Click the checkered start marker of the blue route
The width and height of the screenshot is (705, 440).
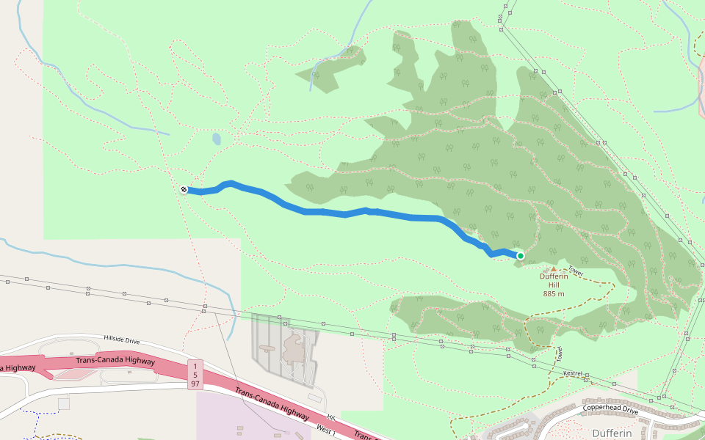click(x=184, y=189)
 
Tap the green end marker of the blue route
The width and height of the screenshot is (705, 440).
click(x=521, y=255)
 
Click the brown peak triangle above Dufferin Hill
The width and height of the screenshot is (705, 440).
click(x=554, y=269)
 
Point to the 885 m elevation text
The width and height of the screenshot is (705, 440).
click(x=554, y=293)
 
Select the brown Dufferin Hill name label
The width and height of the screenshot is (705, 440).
click(x=554, y=280)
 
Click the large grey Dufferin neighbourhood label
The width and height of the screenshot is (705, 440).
click(x=611, y=433)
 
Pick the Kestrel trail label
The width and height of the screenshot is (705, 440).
click(x=572, y=374)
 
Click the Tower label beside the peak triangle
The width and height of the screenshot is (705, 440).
click(x=575, y=272)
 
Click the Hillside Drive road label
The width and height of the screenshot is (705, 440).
click(x=121, y=340)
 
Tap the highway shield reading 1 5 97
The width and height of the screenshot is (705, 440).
click(x=195, y=374)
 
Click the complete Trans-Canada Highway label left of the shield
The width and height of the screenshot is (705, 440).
click(x=115, y=361)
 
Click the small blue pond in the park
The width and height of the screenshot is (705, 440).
click(x=216, y=138)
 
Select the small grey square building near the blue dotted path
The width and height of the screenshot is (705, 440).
click(x=63, y=403)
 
